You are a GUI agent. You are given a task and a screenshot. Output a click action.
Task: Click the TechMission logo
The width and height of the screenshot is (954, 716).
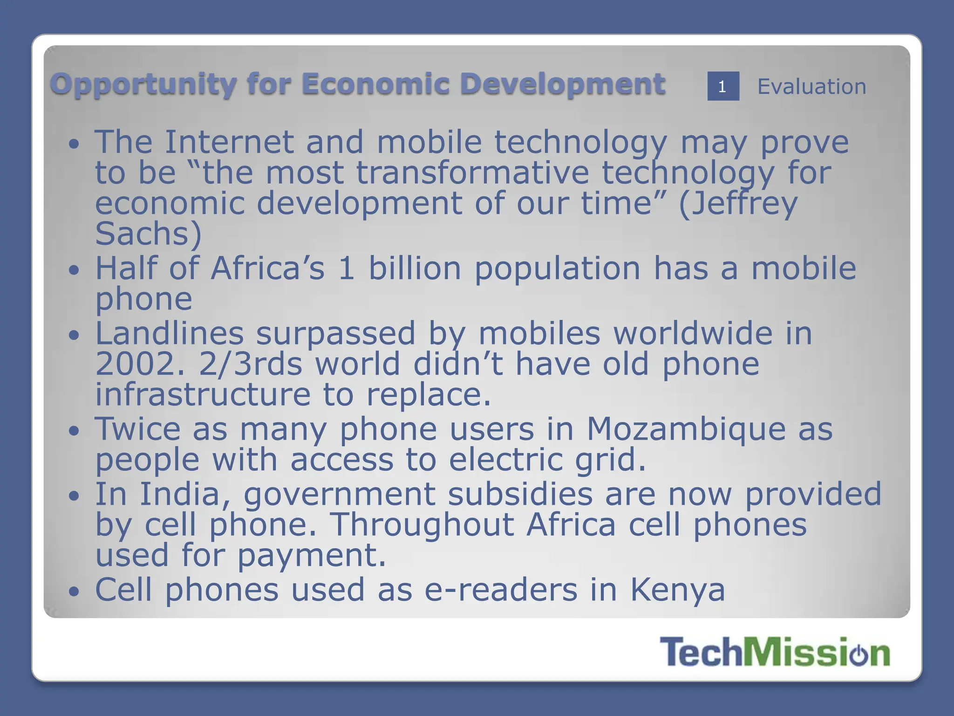pyautogui.click(x=774, y=652)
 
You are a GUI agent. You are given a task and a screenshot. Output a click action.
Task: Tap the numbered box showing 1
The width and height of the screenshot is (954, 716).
pyautogui.click(x=723, y=86)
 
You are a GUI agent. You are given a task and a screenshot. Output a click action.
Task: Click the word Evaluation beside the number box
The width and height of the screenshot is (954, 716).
pyautogui.click(x=811, y=87)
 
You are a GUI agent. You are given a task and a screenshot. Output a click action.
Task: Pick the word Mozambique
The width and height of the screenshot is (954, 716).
pyautogui.click(x=686, y=429)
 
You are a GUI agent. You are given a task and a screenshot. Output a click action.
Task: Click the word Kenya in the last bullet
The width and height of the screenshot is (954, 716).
pyautogui.click(x=678, y=590)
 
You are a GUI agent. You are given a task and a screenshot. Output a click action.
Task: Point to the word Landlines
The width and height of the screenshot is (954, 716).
pyautogui.click(x=170, y=333)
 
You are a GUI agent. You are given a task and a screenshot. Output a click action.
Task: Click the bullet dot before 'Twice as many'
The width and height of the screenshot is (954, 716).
pyautogui.click(x=74, y=431)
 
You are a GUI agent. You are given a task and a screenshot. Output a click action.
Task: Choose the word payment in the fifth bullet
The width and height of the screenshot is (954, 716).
pyautogui.click(x=312, y=556)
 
